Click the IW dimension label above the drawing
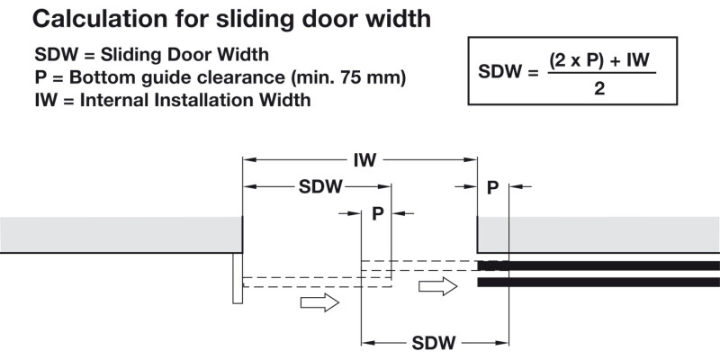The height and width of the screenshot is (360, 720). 364,160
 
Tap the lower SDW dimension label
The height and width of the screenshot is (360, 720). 434,343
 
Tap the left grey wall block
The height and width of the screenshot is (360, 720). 117,234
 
